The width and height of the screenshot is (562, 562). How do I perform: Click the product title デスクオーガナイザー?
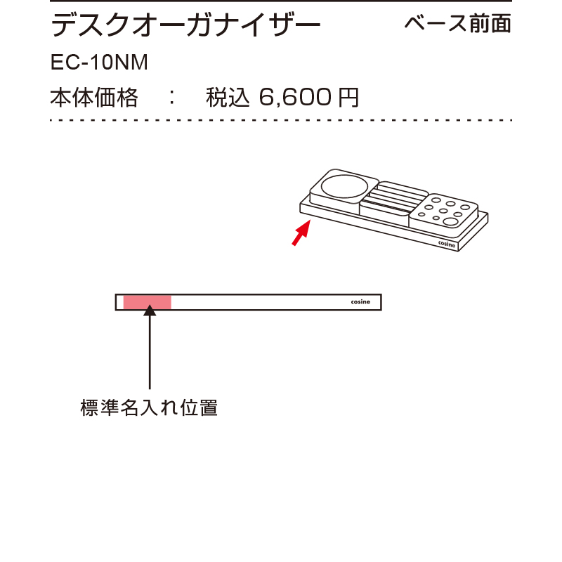185,25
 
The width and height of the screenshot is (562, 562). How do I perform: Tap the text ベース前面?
458,24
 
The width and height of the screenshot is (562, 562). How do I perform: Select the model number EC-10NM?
99,63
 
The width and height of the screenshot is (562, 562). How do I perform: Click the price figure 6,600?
295,97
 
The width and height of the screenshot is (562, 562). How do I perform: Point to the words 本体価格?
94,98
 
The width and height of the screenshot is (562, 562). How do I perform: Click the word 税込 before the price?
228,98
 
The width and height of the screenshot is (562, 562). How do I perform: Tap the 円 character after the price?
348,98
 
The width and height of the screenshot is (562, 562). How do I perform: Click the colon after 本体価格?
172,98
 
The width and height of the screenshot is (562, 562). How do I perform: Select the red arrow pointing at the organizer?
301,233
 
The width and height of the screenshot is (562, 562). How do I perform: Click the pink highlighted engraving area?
148,302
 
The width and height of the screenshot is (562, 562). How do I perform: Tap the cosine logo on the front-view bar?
360,302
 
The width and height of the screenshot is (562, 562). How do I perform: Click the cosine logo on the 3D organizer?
447,244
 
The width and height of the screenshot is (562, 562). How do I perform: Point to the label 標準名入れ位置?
149,408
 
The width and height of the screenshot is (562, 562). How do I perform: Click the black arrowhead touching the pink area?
150,311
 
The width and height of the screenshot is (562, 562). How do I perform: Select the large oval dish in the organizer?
344,186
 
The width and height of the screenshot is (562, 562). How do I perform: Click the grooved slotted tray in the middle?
393,202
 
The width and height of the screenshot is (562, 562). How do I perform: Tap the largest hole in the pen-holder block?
450,222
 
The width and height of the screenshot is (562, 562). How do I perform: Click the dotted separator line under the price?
281,120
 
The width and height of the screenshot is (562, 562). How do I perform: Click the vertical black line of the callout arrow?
150,353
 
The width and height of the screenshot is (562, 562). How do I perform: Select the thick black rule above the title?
281,1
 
